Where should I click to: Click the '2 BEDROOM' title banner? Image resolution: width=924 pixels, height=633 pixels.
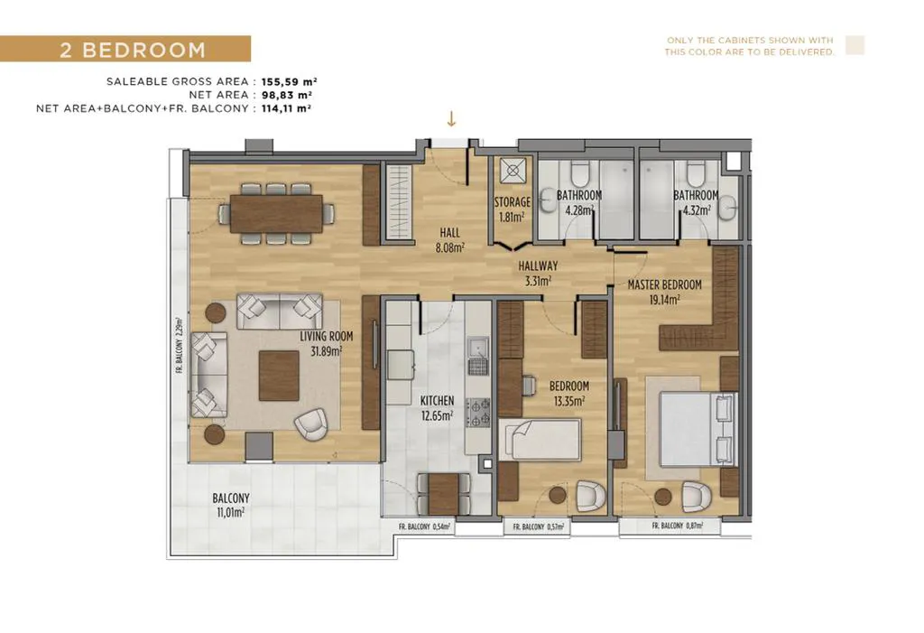[x=125, y=49]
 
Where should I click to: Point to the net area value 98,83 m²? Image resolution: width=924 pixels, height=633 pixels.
[x=287, y=95]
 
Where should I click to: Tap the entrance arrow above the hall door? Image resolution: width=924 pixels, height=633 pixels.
[x=451, y=119]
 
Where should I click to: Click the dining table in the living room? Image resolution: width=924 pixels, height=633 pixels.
[x=276, y=213]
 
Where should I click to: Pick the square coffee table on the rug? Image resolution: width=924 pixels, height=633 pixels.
[x=279, y=376]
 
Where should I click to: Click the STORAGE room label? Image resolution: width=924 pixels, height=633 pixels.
[x=513, y=202]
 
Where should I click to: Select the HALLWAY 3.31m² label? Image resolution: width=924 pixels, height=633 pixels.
[x=538, y=273]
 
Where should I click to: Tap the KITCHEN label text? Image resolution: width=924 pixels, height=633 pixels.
[x=438, y=401]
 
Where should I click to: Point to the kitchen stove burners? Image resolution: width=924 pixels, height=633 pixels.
[x=478, y=413]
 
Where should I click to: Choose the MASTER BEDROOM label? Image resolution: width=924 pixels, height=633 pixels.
[x=665, y=285]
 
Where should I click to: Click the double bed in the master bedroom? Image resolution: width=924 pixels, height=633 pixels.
[x=698, y=429]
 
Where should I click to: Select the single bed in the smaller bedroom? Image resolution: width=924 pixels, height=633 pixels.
[x=541, y=440]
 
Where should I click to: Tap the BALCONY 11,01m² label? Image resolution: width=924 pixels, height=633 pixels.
[x=231, y=505]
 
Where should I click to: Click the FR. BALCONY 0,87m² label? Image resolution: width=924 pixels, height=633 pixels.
[x=677, y=526]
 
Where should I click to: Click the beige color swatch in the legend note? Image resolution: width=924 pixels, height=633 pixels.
[x=855, y=45]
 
